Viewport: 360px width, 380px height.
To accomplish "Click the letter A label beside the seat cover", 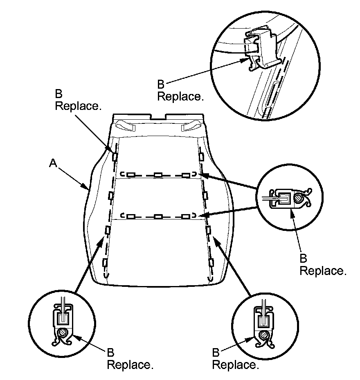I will click(x=52, y=163).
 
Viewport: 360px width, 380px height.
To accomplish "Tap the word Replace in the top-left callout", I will click(x=78, y=106).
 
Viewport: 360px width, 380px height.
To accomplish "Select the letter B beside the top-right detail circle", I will click(x=161, y=85).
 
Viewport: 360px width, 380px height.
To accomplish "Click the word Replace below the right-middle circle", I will click(x=323, y=271).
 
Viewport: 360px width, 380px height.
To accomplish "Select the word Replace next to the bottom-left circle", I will click(x=130, y=365).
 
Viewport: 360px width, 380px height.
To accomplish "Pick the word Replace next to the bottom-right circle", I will click(x=236, y=365).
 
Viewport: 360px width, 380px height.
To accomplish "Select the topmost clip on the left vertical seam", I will click(x=115, y=156).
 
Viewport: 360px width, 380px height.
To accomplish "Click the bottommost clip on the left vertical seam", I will click(x=105, y=262).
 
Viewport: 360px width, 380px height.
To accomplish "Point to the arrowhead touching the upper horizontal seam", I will click(x=204, y=176).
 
